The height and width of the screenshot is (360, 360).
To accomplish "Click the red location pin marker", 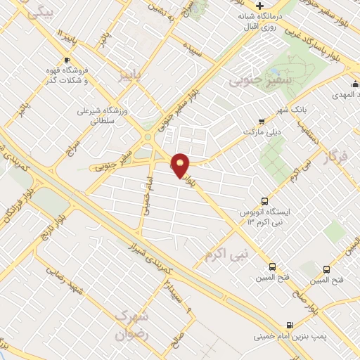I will coord(181,166).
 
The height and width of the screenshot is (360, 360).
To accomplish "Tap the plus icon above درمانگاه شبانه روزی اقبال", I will coord(260,5).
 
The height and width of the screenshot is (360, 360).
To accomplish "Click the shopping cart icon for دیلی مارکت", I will coord(262,121).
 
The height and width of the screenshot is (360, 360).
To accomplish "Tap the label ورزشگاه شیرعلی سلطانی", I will coord(108,116).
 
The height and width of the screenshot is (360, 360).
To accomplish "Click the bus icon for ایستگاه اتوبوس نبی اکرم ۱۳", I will coord(264,200).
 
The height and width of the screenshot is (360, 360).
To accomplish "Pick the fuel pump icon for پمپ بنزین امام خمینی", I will coord(290,325).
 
